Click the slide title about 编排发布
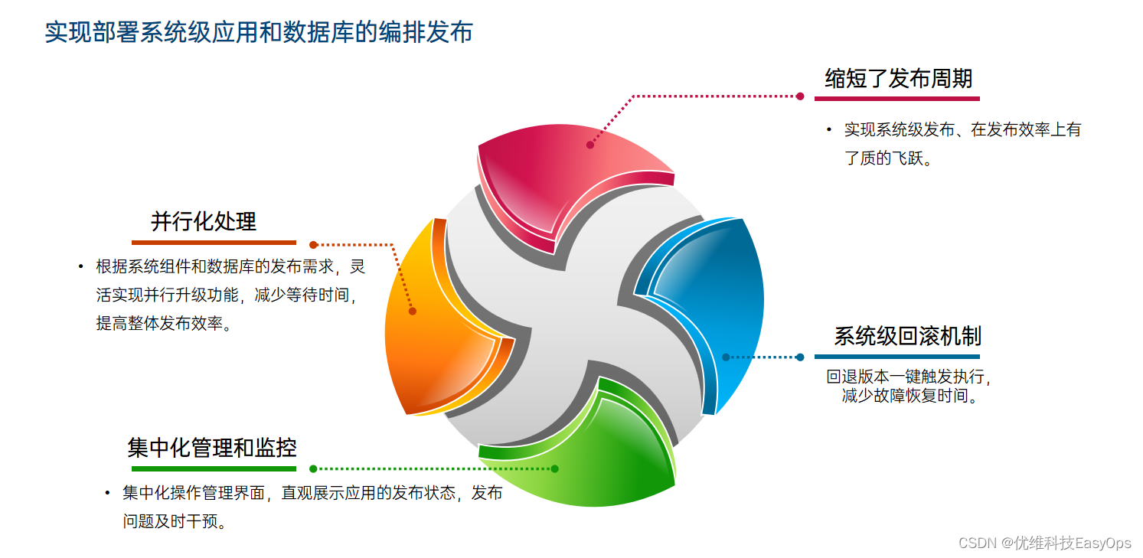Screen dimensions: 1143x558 [x=259, y=32]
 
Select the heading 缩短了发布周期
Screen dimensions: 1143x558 [x=898, y=78]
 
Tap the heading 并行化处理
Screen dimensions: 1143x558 [x=204, y=221]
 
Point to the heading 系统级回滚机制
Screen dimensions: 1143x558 [x=907, y=336]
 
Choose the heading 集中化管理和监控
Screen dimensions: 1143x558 [x=212, y=447]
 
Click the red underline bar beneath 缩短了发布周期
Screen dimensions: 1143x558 [x=896, y=98]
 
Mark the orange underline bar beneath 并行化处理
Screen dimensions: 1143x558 [x=214, y=243]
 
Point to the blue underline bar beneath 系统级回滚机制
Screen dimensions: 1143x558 [x=896, y=357]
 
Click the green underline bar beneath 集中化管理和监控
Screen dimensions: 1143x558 [x=214, y=468]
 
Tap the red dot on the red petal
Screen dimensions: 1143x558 [x=590, y=145]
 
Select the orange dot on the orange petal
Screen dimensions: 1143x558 [x=413, y=311]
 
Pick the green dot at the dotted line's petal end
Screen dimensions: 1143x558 [x=554, y=468]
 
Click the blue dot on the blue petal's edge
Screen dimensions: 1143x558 [x=726, y=357]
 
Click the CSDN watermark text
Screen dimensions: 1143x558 [x=1044, y=543]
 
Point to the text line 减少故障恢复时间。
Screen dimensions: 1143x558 [x=910, y=396]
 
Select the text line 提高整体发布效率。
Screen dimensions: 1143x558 [x=164, y=323]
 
